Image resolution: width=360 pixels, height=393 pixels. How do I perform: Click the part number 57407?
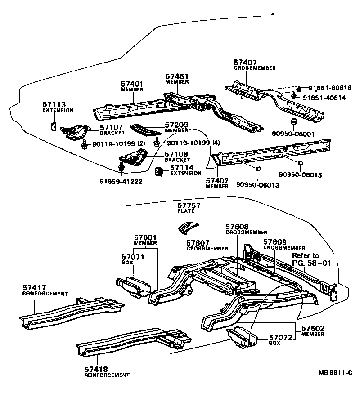[245, 62]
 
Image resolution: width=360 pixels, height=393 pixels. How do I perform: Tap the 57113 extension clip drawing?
[54, 125]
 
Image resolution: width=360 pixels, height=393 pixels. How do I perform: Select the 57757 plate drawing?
[188, 227]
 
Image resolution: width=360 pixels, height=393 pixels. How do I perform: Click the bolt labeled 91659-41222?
[121, 168]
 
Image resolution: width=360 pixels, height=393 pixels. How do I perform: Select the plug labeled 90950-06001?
[293, 122]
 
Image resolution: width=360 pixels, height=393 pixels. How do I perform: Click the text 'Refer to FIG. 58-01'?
[306, 259]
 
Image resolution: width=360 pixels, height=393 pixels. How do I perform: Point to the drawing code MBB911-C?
[335, 372]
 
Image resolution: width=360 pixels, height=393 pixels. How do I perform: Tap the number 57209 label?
[176, 125]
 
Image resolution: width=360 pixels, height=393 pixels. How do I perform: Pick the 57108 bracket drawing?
[133, 158]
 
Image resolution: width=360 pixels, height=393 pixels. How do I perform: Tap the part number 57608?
[237, 228]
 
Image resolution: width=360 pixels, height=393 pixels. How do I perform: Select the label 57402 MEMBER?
[217, 183]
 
